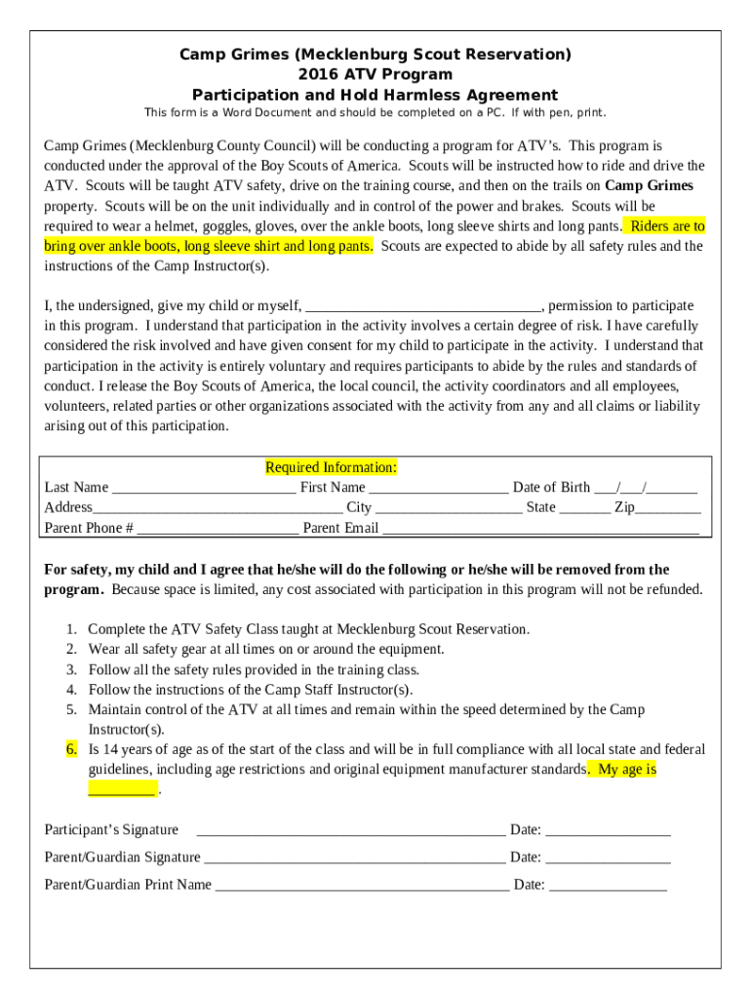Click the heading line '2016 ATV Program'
coord(375,74)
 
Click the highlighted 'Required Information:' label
coord(331,467)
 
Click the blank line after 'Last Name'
coord(204,488)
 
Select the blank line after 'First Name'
coord(439,488)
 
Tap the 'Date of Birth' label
coord(551,487)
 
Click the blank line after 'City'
coord(449,508)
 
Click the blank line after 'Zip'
coord(668,508)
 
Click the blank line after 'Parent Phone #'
coord(217,529)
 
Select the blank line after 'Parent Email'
coord(540,529)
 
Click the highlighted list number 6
coord(71,749)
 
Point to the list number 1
coord(71,629)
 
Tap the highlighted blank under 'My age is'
coord(122,789)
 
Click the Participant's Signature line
coord(351,831)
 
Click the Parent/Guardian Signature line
coord(355,859)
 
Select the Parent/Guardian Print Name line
coord(361,886)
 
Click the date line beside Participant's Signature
coord(608,831)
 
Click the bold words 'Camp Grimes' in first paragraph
coord(649,185)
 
